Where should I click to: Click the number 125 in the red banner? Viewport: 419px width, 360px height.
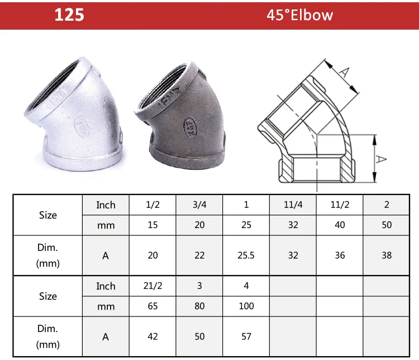[69, 15]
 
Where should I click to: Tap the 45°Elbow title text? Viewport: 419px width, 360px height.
[299, 15]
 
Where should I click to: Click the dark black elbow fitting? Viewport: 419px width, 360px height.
[184, 115]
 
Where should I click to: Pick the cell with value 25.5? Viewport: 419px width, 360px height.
[246, 255]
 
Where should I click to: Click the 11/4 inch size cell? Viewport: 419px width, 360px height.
[293, 205]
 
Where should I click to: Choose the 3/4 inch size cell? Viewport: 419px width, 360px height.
[199, 205]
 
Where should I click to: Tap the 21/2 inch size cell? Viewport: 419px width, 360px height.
[153, 286]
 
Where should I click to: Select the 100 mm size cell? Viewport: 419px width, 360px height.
[246, 306]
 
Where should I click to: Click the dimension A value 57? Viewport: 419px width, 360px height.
[246, 337]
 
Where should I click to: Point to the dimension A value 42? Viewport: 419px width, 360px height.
[153, 337]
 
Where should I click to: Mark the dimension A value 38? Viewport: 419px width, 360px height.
[387, 255]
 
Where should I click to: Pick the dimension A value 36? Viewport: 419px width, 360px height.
[340, 255]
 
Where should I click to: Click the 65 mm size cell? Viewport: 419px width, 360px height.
[153, 306]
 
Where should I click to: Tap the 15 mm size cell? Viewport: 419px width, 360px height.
[153, 225]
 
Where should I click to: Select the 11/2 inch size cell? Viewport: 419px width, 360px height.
[340, 205]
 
